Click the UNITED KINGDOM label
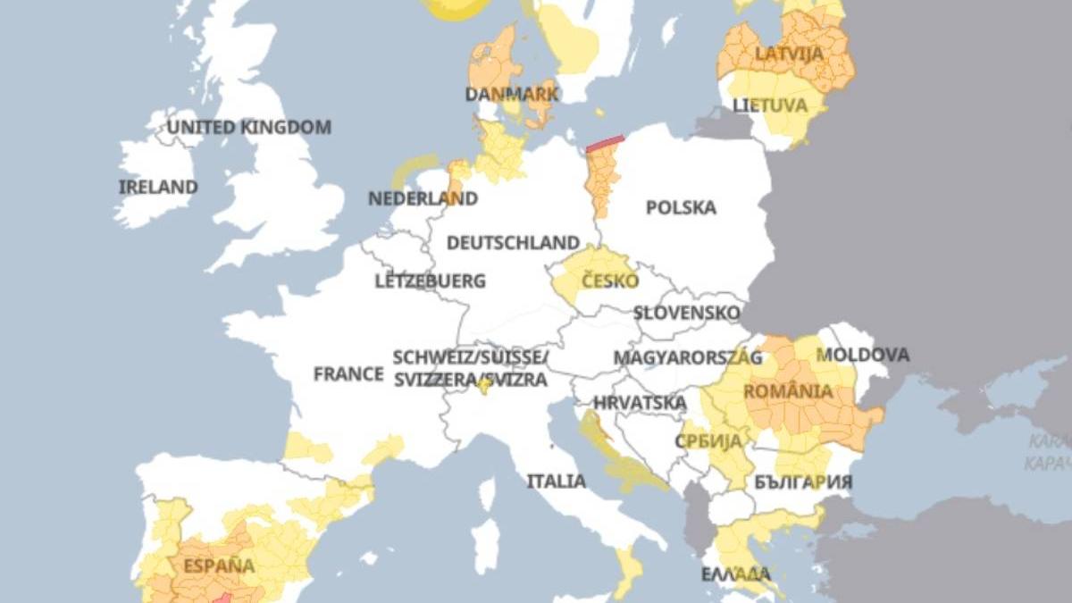tap(249, 128)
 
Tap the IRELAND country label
tap(158, 188)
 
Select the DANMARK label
tap(512, 94)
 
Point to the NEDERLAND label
tap(423, 198)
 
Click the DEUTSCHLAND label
tap(513, 243)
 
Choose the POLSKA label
tap(681, 208)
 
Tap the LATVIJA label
tap(789, 54)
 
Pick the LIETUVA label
tap(770, 105)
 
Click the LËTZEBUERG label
tap(431, 281)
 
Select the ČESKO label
tap(610, 281)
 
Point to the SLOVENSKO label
tap(686, 314)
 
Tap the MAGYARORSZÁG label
tap(688, 358)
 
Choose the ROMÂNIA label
tap(788, 391)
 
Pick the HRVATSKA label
tap(640, 403)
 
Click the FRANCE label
tap(348, 374)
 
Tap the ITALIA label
tap(556, 482)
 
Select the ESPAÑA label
tap(219, 565)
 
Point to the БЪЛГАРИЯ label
tap(803, 482)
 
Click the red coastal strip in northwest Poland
tap(605, 142)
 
